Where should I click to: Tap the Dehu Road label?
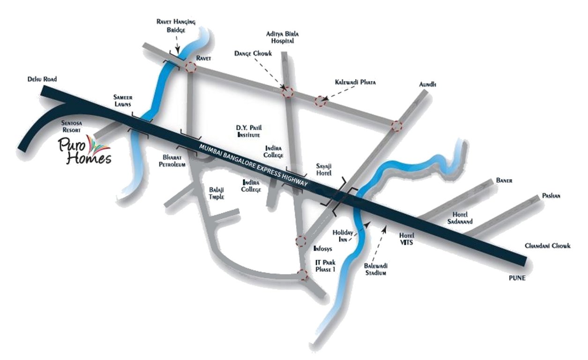click(42, 80)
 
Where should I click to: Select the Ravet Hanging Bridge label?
click(177, 26)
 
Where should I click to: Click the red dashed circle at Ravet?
click(190, 67)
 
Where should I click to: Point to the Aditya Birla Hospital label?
click(282, 37)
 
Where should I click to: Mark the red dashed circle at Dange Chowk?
click(288, 92)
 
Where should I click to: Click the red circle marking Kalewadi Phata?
click(320, 102)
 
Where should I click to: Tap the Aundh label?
click(428, 84)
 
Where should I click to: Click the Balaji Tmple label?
click(216, 193)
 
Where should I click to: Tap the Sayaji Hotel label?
click(324, 170)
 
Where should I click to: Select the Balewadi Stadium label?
click(375, 269)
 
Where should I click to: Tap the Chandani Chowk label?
click(547, 246)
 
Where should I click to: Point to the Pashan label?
click(551, 195)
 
